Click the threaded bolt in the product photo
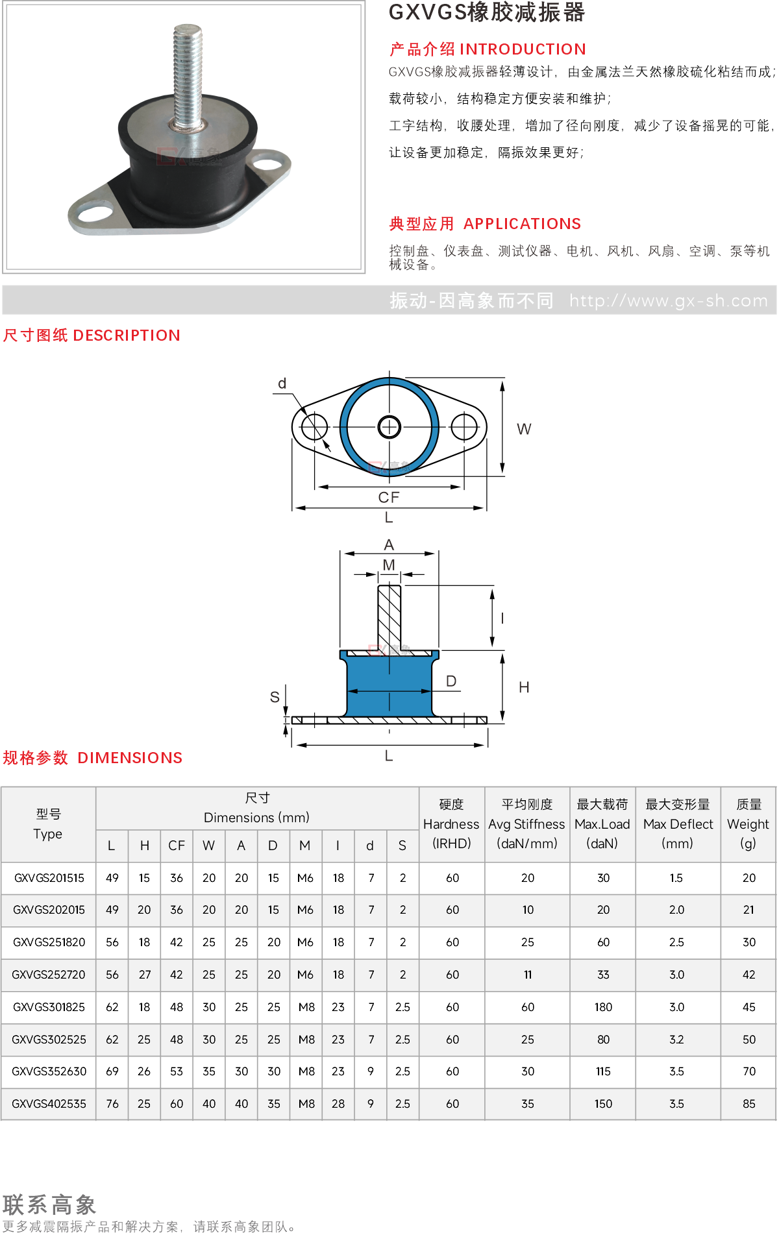[188, 75]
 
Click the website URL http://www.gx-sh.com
[669, 300]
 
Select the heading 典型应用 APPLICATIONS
[485, 224]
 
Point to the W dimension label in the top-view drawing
[524, 429]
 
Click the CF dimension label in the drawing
[389, 497]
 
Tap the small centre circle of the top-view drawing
[389, 427]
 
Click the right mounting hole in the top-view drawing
[464, 427]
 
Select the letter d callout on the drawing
[282, 384]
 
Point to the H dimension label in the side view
[524, 687]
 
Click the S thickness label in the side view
[275, 697]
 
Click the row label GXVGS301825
[49, 1007]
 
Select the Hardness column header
[451, 824]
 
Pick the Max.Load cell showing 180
[603, 1007]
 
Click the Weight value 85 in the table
[749, 1104]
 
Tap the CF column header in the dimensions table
[177, 846]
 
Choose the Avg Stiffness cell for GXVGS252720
[528, 975]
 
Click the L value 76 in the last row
[112, 1104]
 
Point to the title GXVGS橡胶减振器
[487, 12]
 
